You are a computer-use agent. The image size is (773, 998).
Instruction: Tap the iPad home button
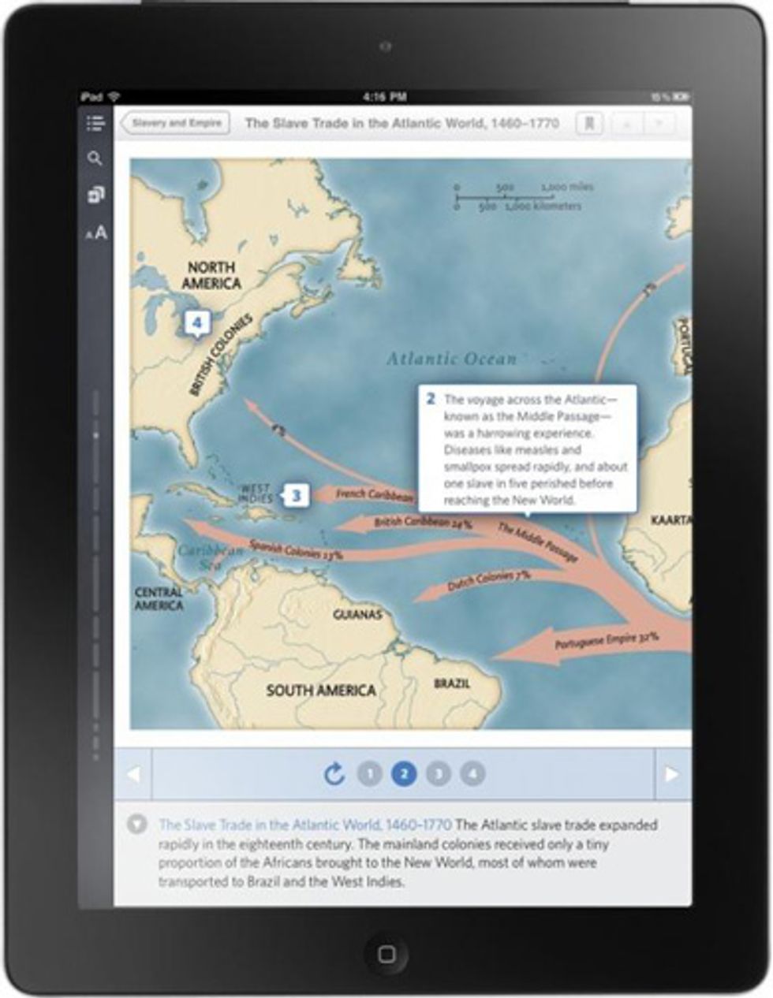(386, 954)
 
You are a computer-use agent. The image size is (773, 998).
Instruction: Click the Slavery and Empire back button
(175, 123)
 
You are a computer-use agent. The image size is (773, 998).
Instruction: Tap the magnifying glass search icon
(95, 158)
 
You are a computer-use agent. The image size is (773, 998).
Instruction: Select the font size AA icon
(96, 233)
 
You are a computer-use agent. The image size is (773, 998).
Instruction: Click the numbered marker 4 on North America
(196, 322)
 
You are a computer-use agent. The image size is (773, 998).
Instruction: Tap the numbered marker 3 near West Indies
(297, 495)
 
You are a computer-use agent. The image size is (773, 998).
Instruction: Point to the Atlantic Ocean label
(451, 359)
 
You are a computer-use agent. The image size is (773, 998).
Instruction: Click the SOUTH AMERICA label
(320, 691)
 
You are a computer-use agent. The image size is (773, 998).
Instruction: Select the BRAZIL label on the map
(452, 683)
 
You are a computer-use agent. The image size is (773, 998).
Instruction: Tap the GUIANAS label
(357, 614)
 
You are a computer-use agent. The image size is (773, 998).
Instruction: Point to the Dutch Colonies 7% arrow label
(488, 581)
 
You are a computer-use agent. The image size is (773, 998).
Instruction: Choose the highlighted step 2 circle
(404, 773)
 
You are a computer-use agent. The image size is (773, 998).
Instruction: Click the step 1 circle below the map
(369, 773)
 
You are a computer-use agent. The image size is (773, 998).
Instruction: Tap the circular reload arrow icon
(334, 773)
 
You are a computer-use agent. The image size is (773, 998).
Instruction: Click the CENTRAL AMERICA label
(159, 598)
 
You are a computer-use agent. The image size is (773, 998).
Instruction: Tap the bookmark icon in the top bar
(588, 123)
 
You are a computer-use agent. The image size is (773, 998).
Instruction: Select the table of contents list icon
(95, 122)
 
